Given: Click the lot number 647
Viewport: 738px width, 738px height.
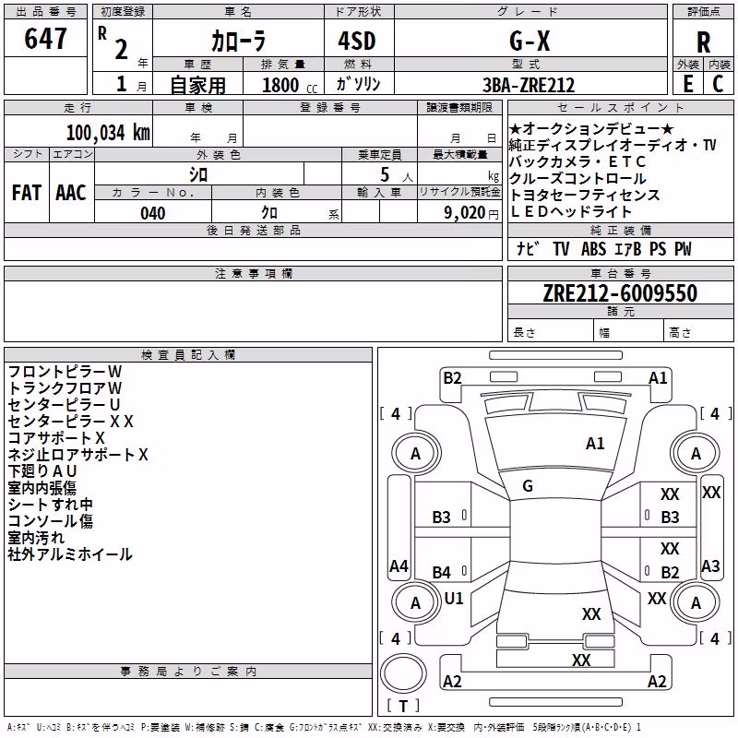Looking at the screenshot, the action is (45, 38).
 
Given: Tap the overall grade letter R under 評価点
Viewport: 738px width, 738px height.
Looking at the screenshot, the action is (703, 42).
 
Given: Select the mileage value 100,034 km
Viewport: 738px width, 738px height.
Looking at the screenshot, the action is (108, 133).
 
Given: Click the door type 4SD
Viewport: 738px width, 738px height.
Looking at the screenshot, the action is (357, 41).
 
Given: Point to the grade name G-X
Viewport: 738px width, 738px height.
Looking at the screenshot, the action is (530, 41).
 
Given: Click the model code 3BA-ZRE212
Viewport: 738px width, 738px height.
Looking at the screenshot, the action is (529, 85).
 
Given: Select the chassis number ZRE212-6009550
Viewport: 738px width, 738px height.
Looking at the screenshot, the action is (620, 292).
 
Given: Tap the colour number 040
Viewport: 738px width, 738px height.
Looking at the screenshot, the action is (153, 213).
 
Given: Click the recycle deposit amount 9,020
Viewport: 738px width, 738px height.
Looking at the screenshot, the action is (465, 212).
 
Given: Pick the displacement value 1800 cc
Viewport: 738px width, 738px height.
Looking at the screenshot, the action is (290, 85).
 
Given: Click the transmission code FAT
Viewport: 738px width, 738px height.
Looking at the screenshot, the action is (27, 193).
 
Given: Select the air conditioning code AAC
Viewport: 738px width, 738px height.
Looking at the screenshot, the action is (71, 193).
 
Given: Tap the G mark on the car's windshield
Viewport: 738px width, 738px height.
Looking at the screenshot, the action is (528, 486).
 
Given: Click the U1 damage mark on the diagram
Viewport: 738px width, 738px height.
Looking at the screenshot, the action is (454, 598).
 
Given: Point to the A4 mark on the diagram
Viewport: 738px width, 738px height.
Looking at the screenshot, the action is (399, 565).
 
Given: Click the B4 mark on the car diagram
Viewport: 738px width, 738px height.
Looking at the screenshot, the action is (442, 572).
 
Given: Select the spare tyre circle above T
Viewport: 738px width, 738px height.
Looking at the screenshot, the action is (403, 673).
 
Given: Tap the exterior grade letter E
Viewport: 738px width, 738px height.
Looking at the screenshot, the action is (688, 84).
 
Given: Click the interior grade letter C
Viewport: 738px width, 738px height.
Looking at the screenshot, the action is (718, 84).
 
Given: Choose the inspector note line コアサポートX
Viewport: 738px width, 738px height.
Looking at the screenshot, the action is (56, 438).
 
